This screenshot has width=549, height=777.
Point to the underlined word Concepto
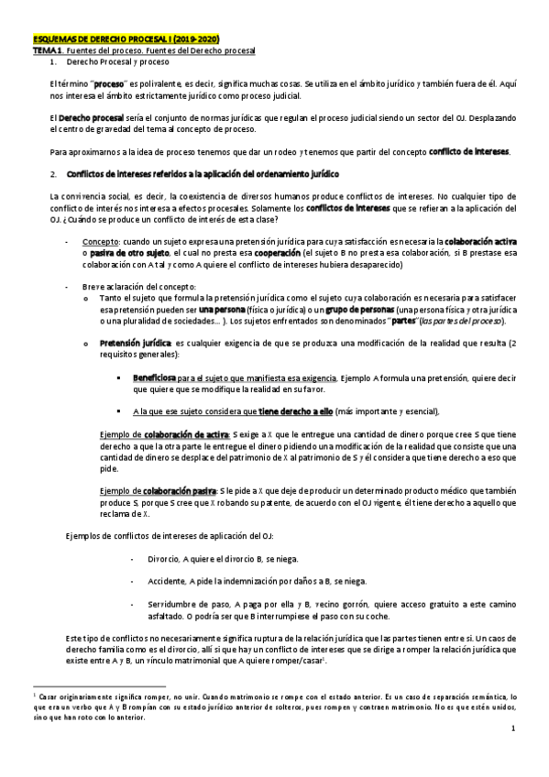113,240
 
